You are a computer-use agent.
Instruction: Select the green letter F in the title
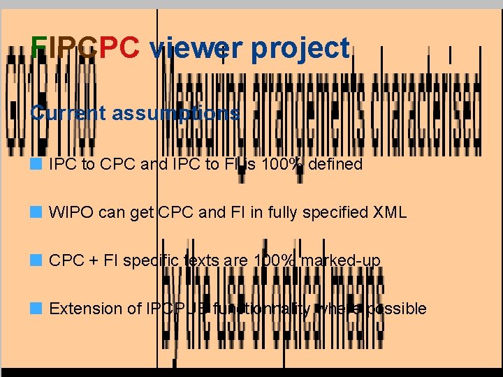tap(39, 48)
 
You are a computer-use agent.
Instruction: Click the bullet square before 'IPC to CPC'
tap(36, 165)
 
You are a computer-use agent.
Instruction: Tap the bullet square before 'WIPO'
tap(36, 212)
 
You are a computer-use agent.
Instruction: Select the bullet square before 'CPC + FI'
tap(36, 260)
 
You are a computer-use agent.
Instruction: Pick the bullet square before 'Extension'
tap(36, 308)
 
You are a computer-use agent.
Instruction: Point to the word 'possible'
tap(398, 309)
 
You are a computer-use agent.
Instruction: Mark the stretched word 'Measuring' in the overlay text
tap(203, 105)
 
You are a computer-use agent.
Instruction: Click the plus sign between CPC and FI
tap(94, 261)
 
